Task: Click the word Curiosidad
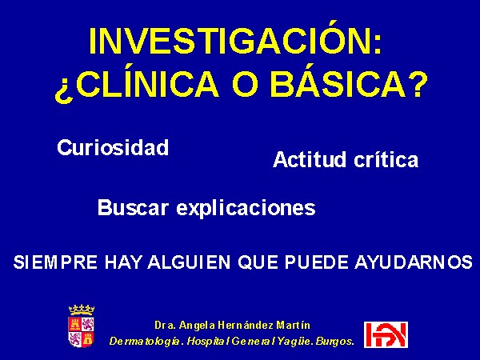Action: pyautogui.click(x=113, y=147)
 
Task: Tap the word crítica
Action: pyautogui.click(x=386, y=159)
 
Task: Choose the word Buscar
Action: pyautogui.click(x=133, y=207)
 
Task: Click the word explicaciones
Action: pyautogui.click(x=246, y=209)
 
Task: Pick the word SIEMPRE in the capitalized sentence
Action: pyautogui.click(x=55, y=262)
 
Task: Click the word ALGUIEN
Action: pyautogui.click(x=189, y=262)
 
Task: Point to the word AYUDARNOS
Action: pyautogui.click(x=414, y=262)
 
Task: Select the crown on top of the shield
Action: pyautogui.click(x=81, y=310)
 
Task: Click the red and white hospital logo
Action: pyautogui.click(x=386, y=334)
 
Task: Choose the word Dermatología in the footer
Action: pyautogui.click(x=145, y=342)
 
